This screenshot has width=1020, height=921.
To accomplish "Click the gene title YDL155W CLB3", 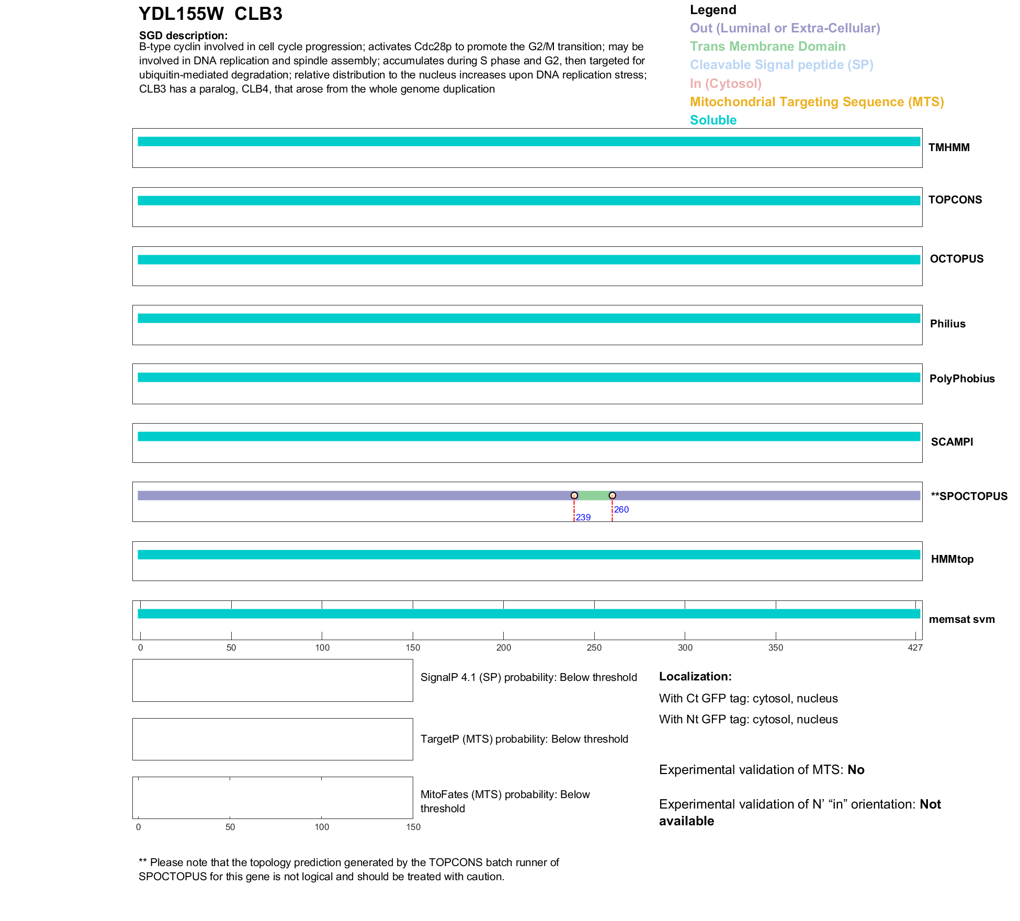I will (210, 14).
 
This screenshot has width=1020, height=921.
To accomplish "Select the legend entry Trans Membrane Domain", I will (767, 47).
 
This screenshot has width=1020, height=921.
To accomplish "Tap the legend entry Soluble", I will (713, 120).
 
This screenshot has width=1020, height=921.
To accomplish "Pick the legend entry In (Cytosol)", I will (726, 84).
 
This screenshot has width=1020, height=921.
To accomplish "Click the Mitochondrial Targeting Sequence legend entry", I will (817, 102).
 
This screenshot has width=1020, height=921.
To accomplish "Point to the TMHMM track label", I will (949, 148).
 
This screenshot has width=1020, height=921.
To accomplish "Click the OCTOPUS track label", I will (956, 259).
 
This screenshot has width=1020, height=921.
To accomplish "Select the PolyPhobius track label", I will (962, 379).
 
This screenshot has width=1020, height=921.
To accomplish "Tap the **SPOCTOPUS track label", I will (969, 496).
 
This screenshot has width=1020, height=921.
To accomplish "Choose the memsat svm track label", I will (961, 619).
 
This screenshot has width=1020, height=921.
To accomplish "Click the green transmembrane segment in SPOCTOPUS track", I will (593, 496).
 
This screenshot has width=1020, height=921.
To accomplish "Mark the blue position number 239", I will (583, 517).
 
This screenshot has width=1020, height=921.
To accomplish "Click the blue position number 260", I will (621, 509).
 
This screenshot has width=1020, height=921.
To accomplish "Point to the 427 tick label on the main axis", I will (915, 648).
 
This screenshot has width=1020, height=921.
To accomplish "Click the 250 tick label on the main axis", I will (594, 648).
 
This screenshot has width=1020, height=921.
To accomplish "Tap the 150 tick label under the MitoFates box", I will (413, 827).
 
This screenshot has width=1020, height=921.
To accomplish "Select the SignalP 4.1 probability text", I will (528, 677).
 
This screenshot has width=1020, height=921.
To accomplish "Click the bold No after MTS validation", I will (856, 770).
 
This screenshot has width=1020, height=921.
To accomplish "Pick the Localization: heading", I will (695, 677).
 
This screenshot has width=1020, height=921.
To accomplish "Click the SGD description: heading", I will (183, 36).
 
